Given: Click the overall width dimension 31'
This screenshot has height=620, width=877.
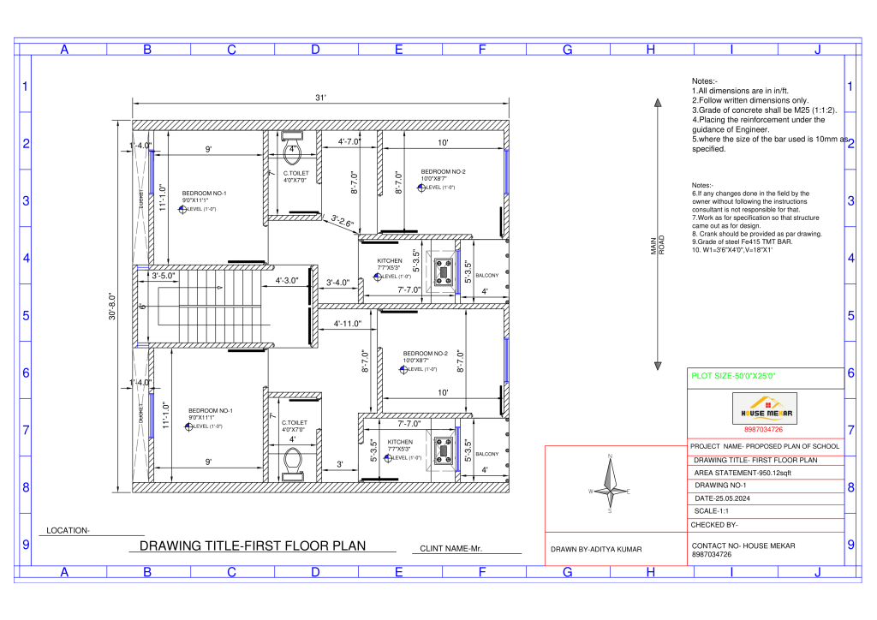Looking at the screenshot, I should tap(320, 98).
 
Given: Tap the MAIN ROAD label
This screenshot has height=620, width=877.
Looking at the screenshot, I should tap(657, 246).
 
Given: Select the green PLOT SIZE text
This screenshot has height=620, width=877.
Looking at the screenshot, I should tap(733, 376).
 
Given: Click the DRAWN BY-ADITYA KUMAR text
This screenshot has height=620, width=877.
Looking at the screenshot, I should tap(596, 549).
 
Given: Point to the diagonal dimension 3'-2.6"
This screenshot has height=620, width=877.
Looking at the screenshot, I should tap(343, 221).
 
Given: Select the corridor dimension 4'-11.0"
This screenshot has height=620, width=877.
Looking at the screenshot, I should tap(349, 324).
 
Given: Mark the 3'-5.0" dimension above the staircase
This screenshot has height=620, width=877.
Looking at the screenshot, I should tap(164, 276).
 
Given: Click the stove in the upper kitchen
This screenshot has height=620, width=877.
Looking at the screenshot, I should tap(444, 272).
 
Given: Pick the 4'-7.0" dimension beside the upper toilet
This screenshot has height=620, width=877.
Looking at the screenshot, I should tap(349, 141).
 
